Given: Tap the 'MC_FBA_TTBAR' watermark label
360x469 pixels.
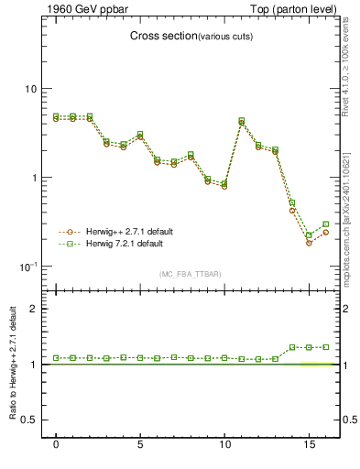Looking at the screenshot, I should [x=190, y=275].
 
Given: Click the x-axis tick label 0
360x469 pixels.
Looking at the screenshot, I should [x=57, y=445].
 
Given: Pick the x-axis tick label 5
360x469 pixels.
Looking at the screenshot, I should [x=140, y=445].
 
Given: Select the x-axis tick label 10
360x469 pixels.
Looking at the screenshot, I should [x=224, y=445].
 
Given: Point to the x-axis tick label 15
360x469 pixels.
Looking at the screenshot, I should [x=309, y=445].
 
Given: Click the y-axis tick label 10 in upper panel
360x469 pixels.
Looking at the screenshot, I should [x=30, y=89].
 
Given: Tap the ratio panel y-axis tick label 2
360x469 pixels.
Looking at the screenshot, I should [x=33, y=309].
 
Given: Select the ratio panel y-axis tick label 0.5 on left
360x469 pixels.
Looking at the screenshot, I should [x=27, y=420].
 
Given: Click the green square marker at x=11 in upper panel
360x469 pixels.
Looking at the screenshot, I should [x=242, y=120].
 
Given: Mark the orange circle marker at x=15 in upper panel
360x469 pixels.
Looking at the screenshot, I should [x=309, y=243].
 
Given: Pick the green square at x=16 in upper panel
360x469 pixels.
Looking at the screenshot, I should [x=326, y=224].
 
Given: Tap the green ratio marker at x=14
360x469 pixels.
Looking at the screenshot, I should [x=292, y=348].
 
